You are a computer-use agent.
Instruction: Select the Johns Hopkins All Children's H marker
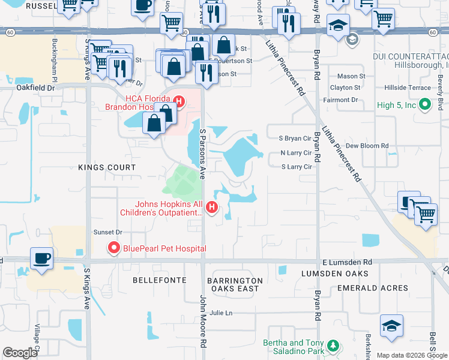coord(211,208)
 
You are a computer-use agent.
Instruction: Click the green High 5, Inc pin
coord(425,105)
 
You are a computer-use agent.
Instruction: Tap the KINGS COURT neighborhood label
coord(107,167)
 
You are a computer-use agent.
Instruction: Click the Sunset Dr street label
coord(107,232)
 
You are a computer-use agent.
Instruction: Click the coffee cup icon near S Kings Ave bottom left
coord(41,259)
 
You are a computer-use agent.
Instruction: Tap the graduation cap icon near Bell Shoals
coord(391,326)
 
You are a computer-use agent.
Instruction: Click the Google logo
coord(20,353)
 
